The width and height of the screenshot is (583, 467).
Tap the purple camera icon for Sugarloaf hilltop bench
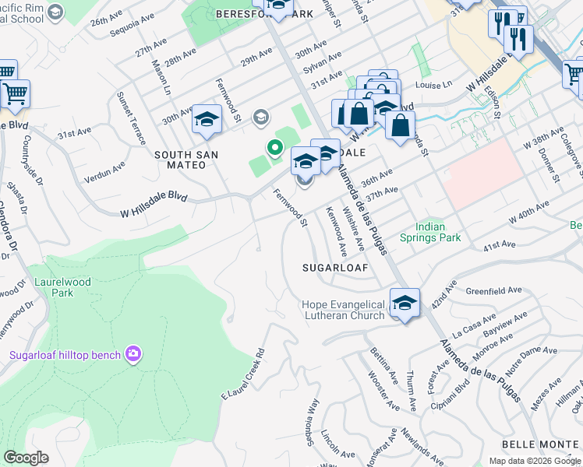133,355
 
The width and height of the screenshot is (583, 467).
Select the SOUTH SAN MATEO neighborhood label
185,160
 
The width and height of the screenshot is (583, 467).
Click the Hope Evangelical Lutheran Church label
344,310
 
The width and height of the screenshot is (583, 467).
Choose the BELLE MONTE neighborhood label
541,444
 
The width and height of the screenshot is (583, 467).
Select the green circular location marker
274,146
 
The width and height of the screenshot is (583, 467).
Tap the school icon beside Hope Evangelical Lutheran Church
405,303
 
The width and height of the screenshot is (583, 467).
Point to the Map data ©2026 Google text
534,461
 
